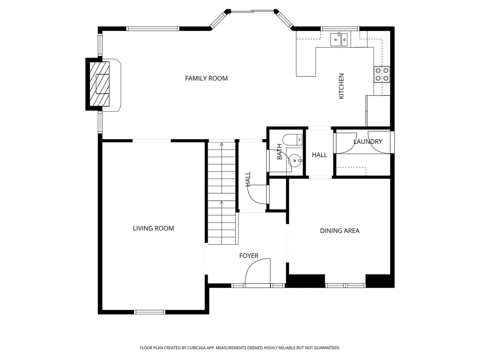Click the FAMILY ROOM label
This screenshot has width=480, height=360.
(206, 78)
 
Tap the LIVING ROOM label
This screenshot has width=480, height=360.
(153, 228)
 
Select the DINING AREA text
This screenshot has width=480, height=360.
(340, 231)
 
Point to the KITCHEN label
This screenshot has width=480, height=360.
(341, 86)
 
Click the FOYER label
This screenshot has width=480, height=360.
(249, 255)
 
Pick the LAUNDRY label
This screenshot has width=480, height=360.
(368, 142)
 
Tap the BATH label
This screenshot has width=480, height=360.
(279, 152)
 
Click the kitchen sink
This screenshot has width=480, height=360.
(339, 39)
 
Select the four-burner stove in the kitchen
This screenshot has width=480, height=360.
(382, 75)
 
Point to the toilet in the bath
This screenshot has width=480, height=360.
(292, 140)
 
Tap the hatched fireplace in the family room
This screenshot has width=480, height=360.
(99, 84)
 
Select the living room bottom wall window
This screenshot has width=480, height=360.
(150, 312)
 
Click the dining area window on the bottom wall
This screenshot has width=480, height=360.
(345, 285)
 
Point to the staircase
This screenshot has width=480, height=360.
(222, 193)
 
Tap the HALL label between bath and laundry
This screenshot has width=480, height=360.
(320, 155)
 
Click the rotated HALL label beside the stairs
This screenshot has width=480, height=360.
(248, 179)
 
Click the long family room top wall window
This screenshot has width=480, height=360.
(152, 29)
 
